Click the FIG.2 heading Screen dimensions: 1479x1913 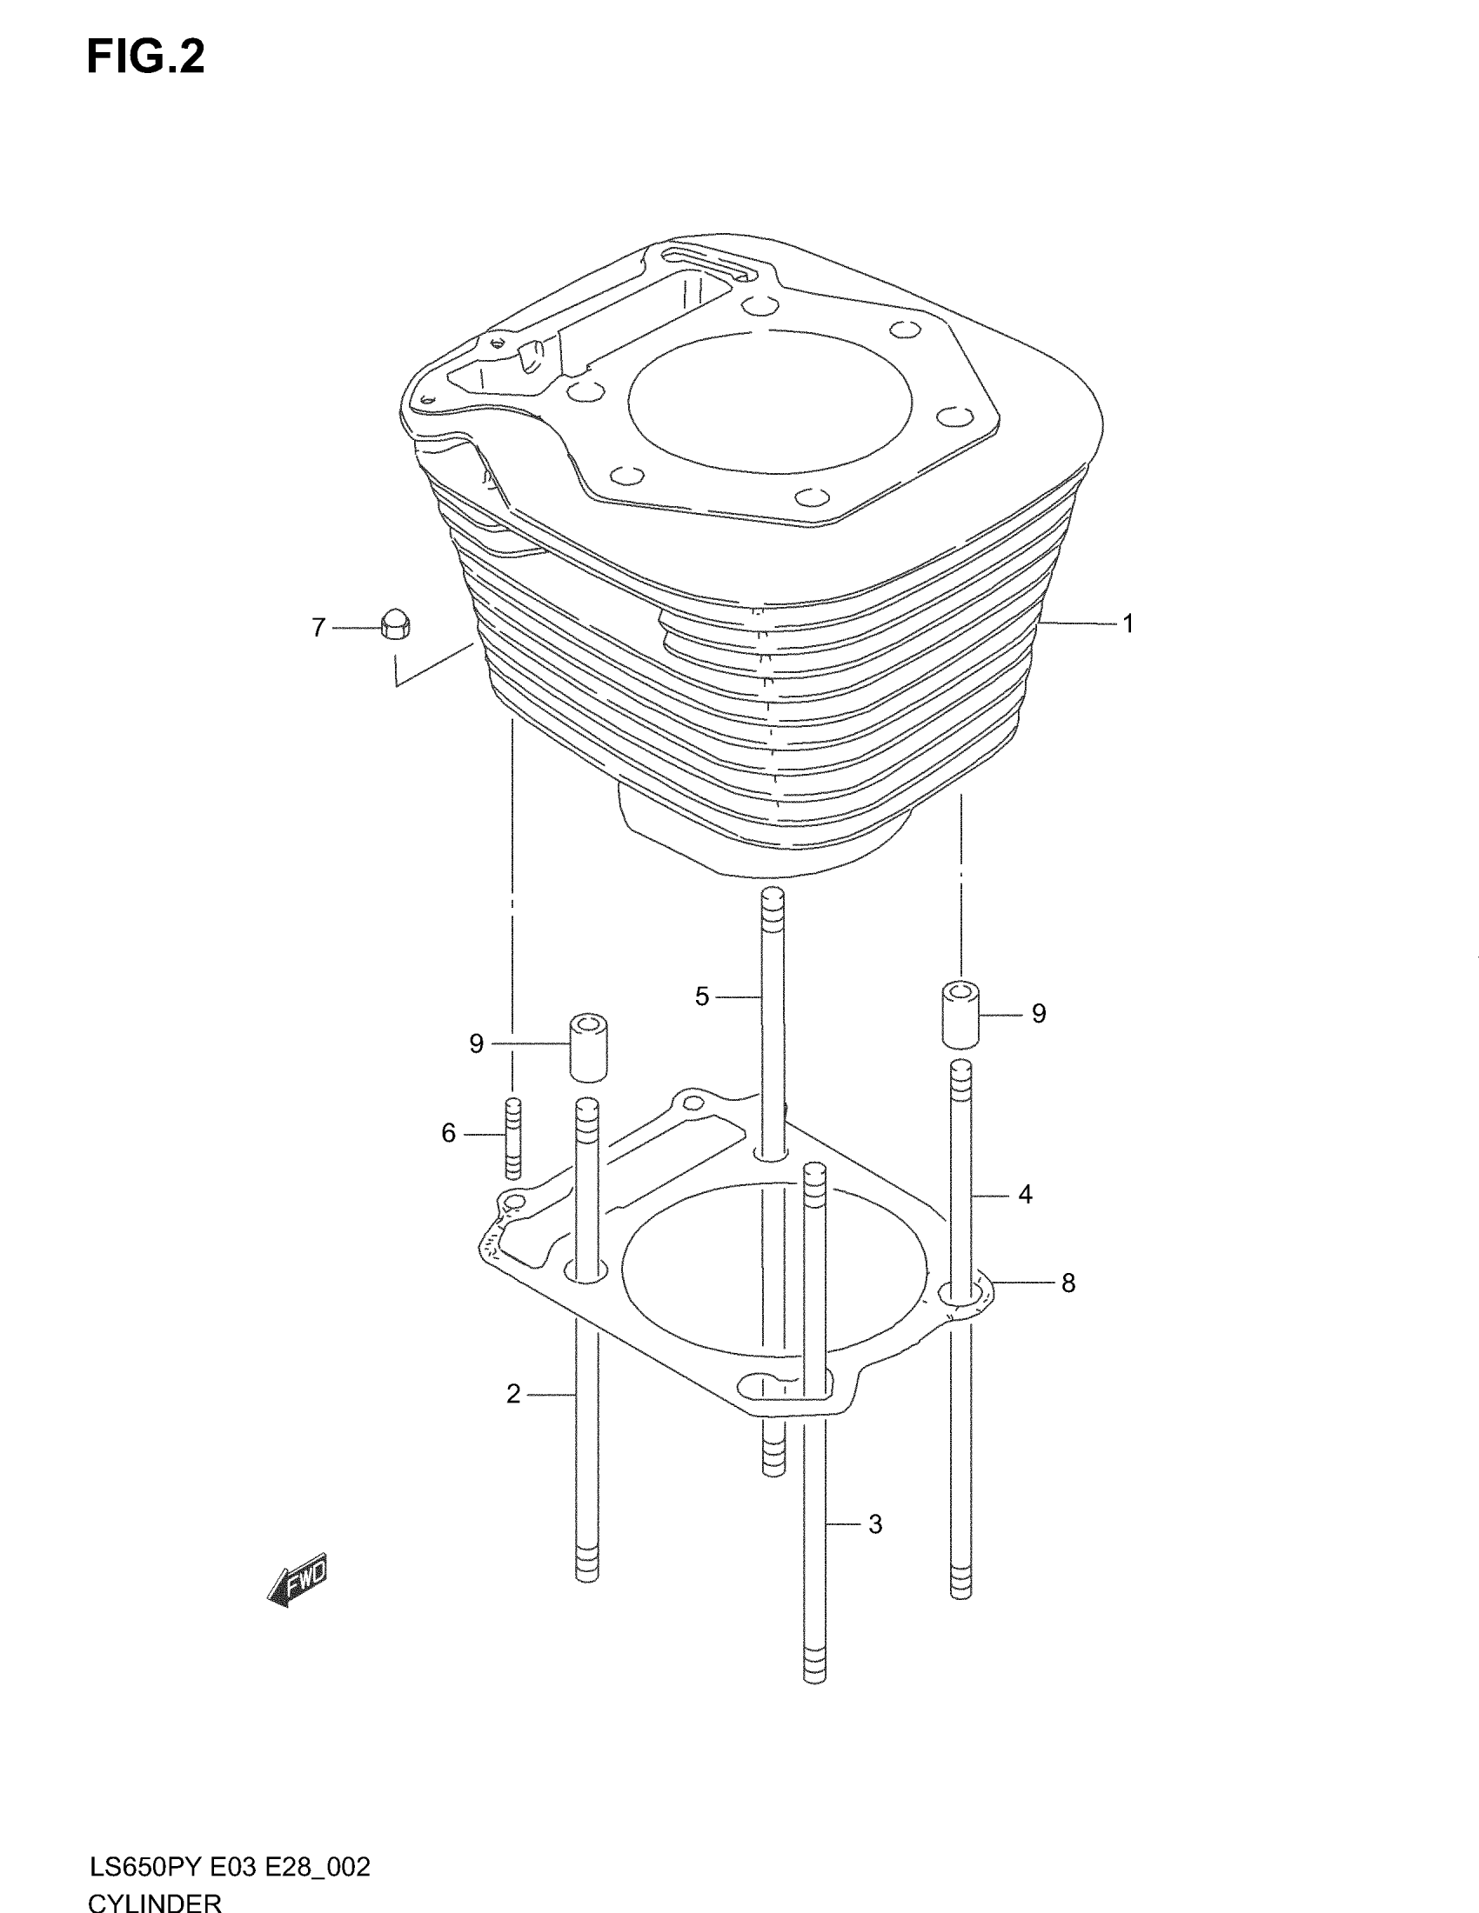pyautogui.click(x=145, y=57)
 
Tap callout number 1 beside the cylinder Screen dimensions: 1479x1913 pyautogui.click(x=1128, y=623)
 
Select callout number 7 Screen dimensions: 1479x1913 pyautogui.click(x=319, y=627)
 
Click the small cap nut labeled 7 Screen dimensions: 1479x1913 pyautogui.click(x=396, y=624)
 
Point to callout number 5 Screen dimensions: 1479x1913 pyautogui.click(x=702, y=996)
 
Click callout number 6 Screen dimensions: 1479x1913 pyautogui.click(x=449, y=1133)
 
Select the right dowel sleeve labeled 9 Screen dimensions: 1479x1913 pyautogui.click(x=960, y=1016)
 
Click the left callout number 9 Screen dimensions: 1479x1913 pyautogui.click(x=477, y=1043)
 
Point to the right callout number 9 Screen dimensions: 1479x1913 pyautogui.click(x=1039, y=1013)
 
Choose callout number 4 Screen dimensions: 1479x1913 pyautogui.click(x=1026, y=1194)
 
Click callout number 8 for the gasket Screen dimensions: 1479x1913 pyautogui.click(x=1068, y=1283)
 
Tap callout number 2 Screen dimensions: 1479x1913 pyautogui.click(x=513, y=1394)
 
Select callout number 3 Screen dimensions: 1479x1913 pyautogui.click(x=875, y=1524)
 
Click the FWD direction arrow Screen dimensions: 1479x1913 pyautogui.click(x=298, y=1581)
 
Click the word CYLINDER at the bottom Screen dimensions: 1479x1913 pyautogui.click(x=155, y=1901)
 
